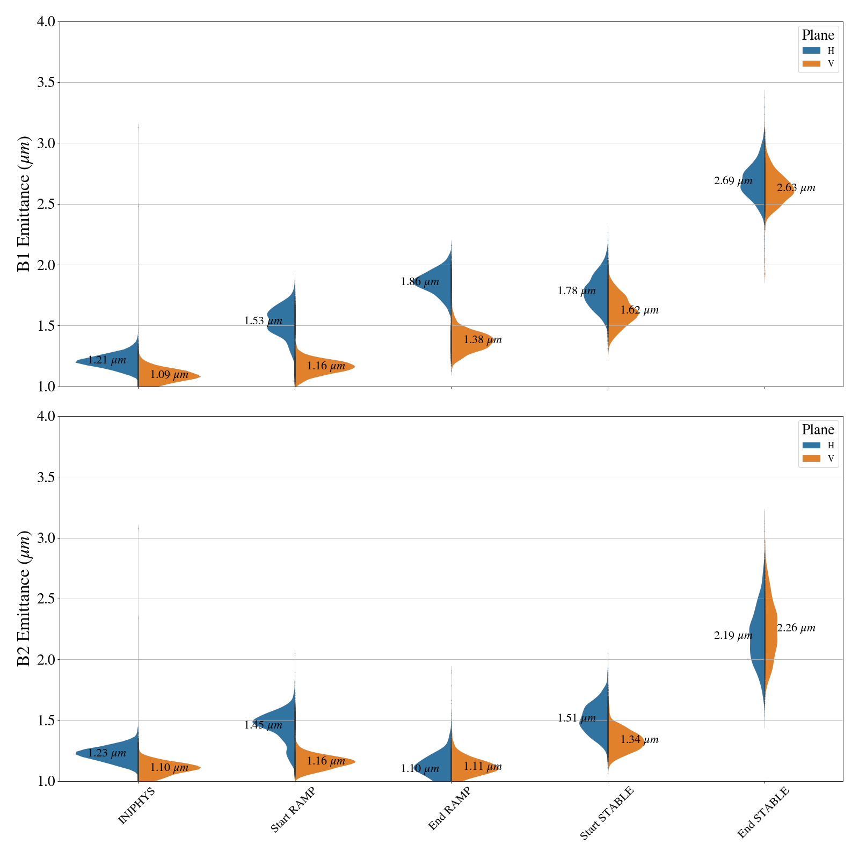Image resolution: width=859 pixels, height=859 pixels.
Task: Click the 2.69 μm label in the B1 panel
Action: pos(733,181)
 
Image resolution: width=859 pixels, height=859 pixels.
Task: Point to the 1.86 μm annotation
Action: pos(420,282)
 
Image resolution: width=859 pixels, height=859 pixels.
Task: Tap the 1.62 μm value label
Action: pos(639,310)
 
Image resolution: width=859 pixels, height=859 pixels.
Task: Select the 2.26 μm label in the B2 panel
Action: pos(796,628)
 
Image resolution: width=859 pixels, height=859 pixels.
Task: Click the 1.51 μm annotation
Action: pos(577,718)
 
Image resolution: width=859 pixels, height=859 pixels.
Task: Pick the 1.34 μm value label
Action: pos(639,740)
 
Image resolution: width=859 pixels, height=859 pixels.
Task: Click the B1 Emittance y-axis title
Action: pos(24,204)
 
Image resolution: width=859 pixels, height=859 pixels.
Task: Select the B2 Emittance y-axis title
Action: pos(24,599)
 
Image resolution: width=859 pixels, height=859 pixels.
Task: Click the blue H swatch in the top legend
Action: pos(811,50)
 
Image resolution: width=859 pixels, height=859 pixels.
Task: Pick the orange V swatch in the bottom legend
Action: pos(811,458)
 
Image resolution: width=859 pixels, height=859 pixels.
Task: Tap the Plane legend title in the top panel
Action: pos(818,35)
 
